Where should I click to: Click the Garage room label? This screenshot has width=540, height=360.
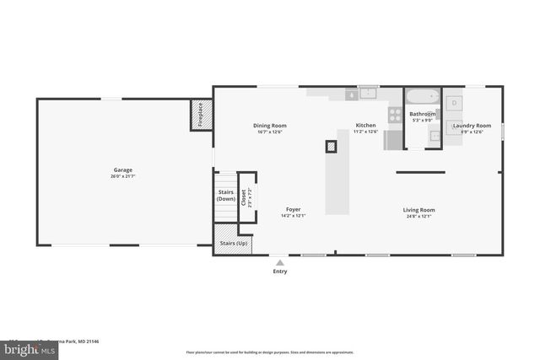coord(123,169)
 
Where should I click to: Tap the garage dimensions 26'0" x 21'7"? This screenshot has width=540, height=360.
coord(123,176)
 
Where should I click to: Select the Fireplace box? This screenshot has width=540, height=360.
coord(201,114)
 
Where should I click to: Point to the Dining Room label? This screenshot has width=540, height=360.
coord(270,126)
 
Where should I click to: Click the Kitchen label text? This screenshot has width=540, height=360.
coord(365,126)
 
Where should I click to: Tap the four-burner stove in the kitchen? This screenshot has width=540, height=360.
coord(394,114)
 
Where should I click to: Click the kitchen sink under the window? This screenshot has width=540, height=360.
coord(368,93)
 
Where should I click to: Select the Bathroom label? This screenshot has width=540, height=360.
coord(423,114)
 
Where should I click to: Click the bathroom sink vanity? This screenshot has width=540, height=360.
coord(434,140)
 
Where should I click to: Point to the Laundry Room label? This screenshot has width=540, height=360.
coord(472,126)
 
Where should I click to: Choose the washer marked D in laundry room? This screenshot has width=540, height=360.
coord(455,102)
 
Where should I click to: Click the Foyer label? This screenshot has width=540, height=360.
coord(293,209)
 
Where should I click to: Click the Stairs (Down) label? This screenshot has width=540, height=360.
coord(226,195)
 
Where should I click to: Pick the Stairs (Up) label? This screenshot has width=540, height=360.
coord(234,244)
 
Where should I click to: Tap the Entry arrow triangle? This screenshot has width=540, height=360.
coord(280,262)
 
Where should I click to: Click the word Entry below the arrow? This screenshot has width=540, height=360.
coord(280,271)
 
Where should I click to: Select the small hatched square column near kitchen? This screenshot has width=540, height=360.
coord(332,146)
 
